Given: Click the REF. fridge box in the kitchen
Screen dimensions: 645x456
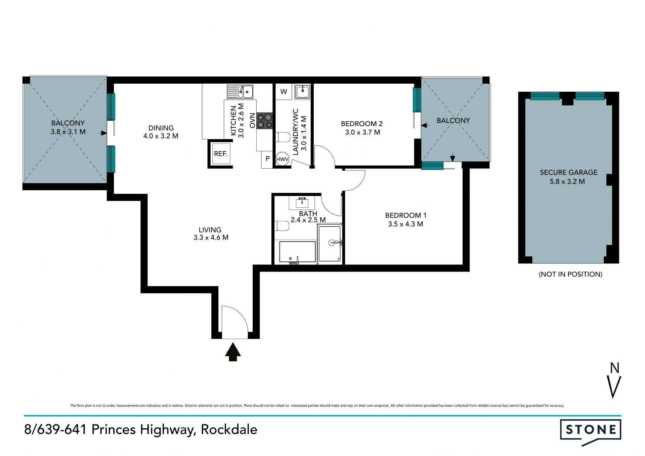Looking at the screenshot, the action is point(221,154).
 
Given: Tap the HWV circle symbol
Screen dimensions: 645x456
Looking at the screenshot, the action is point(282,159).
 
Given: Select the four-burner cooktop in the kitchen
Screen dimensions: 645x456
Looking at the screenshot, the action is point(265,121).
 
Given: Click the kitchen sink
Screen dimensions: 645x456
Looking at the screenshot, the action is point(240,91).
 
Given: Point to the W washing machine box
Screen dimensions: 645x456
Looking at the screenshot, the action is point(284,91).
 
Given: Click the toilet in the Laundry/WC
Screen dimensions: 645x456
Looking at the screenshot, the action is point(283,137).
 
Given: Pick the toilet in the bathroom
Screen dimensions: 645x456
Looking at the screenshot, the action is point(282,226).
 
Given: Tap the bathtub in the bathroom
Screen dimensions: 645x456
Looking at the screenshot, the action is point(297,252).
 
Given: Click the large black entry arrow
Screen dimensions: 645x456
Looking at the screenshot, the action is point(233,352).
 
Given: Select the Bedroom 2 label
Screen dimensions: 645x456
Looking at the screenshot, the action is point(362,124).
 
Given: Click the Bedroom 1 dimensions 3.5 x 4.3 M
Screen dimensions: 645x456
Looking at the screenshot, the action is point(405,224).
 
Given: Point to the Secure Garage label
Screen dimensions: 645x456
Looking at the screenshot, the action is point(569,172).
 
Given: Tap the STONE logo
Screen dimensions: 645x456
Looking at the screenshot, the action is point(591,432).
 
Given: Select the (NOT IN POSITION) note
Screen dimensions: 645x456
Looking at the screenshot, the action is point(570,274).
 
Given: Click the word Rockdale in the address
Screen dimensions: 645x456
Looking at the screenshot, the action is point(229,429).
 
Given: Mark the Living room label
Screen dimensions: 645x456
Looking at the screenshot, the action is point(210,230).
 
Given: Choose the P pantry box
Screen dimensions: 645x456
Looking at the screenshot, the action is point(267,159).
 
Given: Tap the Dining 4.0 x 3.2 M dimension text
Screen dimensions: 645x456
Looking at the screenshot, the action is point(161,136).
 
